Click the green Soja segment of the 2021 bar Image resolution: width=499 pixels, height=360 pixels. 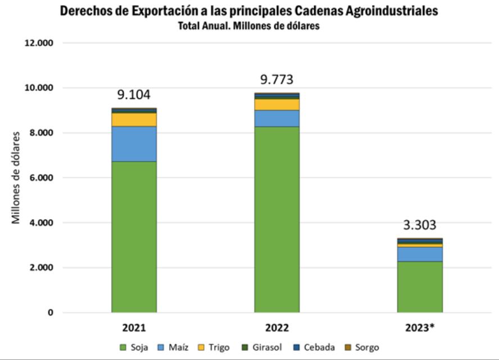pyautogui.click(x=134, y=236)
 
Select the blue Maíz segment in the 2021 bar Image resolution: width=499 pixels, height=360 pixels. pyautogui.click(x=134, y=144)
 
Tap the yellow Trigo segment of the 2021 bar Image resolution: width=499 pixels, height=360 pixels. pyautogui.click(x=134, y=120)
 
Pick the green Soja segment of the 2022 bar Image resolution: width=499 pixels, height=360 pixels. pyautogui.click(x=276, y=219)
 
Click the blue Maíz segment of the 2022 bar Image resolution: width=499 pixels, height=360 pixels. pyautogui.click(x=276, y=119)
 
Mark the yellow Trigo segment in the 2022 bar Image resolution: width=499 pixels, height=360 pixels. pyautogui.click(x=276, y=104)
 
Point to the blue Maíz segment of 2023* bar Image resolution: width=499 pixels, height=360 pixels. pyautogui.click(x=419, y=254)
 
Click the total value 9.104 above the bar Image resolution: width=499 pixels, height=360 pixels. pyautogui.click(x=134, y=95)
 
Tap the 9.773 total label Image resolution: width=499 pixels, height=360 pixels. pyautogui.click(x=276, y=79)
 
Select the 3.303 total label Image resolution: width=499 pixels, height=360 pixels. pyautogui.click(x=419, y=226)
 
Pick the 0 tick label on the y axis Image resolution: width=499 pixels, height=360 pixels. pyautogui.click(x=49, y=313)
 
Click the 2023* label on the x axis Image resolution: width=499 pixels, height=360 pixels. pyautogui.click(x=420, y=327)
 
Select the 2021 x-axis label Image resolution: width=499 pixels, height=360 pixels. pyautogui.click(x=134, y=327)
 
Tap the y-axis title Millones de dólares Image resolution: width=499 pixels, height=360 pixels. pyautogui.click(x=16, y=178)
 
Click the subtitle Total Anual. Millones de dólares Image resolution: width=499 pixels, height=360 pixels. pyautogui.click(x=248, y=26)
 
